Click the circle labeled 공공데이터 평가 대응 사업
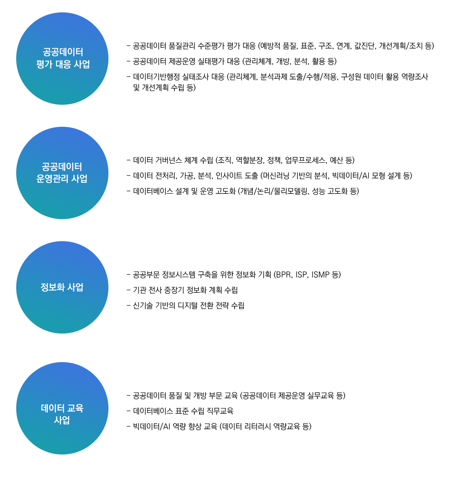pos(62,59)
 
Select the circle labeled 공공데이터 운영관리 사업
pos(62,173)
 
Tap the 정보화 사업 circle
pos(62,287)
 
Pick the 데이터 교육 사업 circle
pos(62,408)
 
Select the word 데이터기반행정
pos(156,77)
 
